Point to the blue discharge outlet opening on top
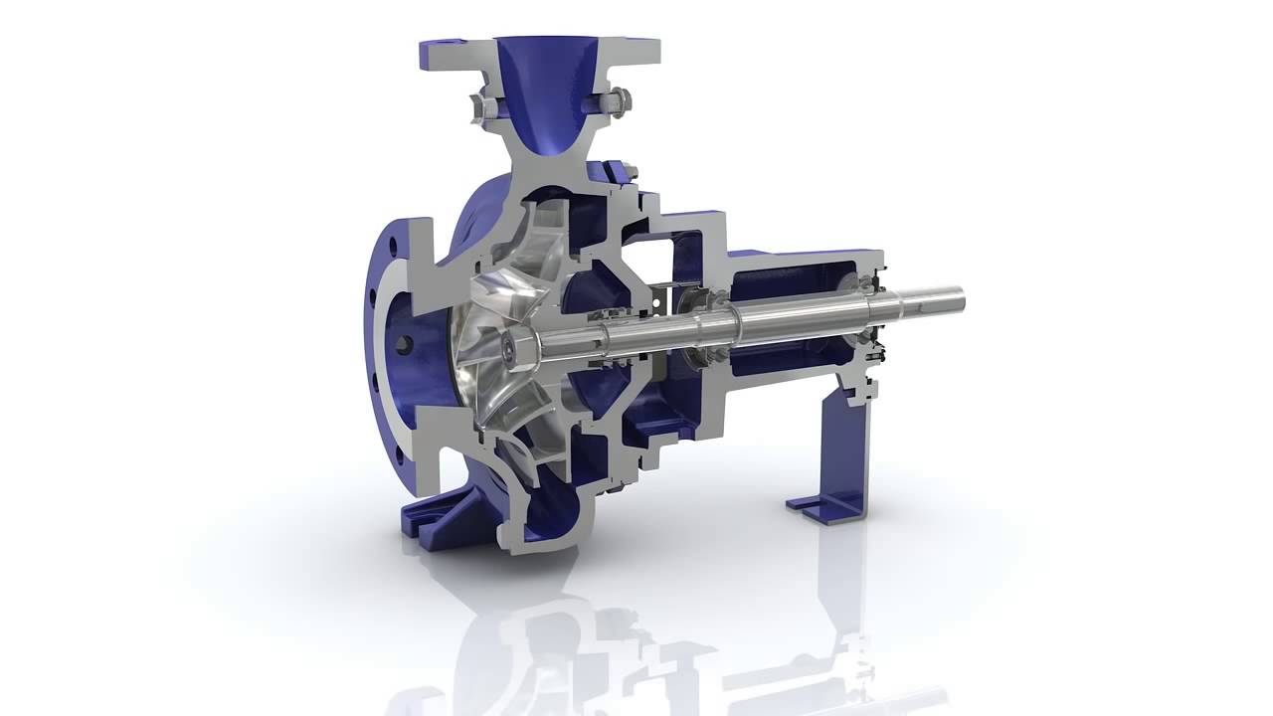[545, 60]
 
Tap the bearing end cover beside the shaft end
[880, 343]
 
